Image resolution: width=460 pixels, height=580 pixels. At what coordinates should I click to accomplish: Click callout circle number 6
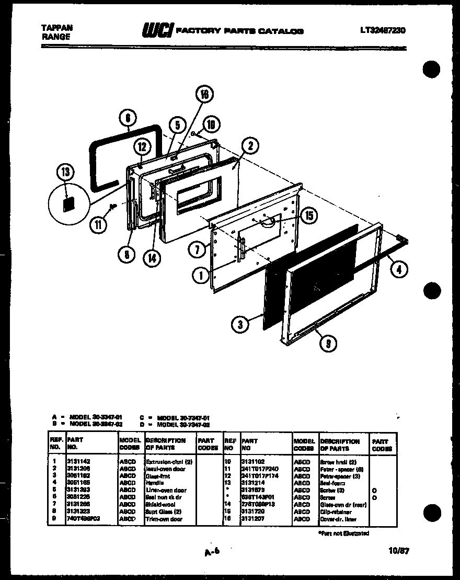tap(128, 118)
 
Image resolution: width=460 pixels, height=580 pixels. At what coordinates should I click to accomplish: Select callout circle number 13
tap(68, 172)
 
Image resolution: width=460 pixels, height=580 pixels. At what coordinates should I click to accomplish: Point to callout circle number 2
tap(250, 146)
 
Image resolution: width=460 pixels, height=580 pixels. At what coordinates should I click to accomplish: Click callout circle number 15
tap(309, 214)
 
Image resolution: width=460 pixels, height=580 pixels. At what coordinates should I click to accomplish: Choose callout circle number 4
tap(399, 269)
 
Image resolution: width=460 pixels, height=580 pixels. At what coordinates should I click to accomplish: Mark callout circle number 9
tap(328, 343)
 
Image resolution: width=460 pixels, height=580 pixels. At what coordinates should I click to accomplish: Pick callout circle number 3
tap(239, 324)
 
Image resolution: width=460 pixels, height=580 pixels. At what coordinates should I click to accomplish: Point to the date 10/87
tap(399, 550)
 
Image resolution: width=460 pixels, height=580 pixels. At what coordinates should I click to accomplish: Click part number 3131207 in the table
tap(252, 518)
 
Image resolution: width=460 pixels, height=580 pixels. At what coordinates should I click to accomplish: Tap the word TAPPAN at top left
tap(56, 28)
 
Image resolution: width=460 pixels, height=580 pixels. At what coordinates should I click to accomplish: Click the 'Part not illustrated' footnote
tap(343, 533)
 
